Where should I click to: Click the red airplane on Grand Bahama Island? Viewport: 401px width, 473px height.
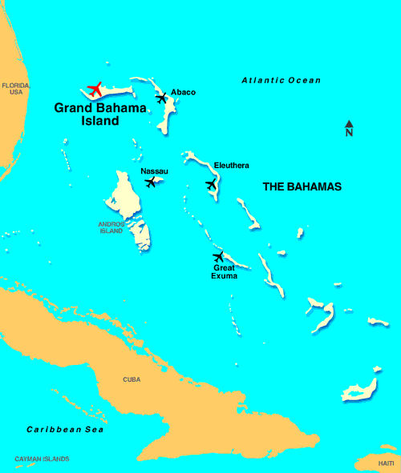(x=95, y=88)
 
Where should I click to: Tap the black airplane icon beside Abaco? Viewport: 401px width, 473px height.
(x=163, y=98)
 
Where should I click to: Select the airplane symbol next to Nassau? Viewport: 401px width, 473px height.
(x=150, y=182)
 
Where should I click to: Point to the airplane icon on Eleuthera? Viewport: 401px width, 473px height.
(x=211, y=184)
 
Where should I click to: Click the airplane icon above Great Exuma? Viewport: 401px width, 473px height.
(x=218, y=256)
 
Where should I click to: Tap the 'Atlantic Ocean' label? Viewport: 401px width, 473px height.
(x=281, y=80)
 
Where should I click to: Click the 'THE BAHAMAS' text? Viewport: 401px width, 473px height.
(x=302, y=186)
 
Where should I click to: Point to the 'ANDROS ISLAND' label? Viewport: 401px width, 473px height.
(x=111, y=227)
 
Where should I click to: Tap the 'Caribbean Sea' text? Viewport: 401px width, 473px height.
(x=65, y=430)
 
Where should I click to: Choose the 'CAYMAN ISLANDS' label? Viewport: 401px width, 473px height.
(x=42, y=459)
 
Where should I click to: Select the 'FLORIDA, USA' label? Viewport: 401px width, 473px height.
(x=16, y=88)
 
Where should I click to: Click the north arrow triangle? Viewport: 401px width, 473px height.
(x=349, y=124)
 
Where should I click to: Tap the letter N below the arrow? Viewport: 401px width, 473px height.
(x=349, y=134)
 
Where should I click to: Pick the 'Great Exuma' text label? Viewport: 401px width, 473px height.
(x=224, y=271)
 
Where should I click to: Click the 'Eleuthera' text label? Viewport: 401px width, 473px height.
(x=231, y=166)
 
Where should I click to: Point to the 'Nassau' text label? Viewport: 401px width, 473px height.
(x=153, y=170)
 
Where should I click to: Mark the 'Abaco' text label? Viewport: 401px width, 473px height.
(x=183, y=92)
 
